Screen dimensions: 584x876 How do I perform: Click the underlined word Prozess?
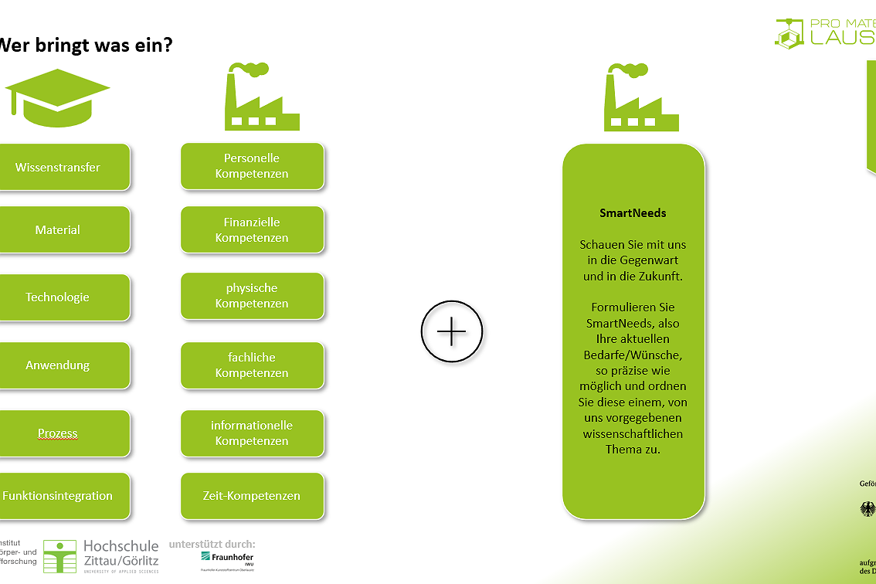tap(58, 433)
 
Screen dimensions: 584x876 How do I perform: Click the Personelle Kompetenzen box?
tap(252, 166)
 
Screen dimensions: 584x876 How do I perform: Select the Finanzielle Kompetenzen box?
tap(252, 229)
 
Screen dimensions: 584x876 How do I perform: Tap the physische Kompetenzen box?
tap(252, 296)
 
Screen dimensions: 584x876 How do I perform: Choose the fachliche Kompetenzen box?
tap(252, 365)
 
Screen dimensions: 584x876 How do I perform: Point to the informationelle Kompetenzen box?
tap(252, 433)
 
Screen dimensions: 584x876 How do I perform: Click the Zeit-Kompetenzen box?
tap(252, 496)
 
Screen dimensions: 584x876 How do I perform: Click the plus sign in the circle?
tap(452, 332)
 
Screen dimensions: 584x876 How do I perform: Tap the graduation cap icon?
tap(57, 97)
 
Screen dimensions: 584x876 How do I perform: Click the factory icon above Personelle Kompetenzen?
tap(261, 97)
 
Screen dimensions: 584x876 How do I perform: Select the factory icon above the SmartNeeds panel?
tap(640, 97)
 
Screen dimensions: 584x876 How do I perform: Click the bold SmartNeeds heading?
tap(633, 213)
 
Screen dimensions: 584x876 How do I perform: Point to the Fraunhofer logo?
tap(227, 558)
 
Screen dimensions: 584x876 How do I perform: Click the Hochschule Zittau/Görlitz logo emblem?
tap(59, 556)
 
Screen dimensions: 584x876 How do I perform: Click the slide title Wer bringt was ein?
tap(85, 45)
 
